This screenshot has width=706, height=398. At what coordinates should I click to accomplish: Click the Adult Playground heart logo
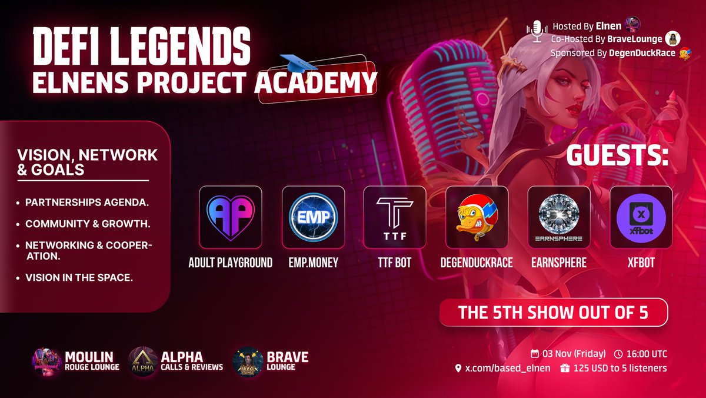tap(230, 216)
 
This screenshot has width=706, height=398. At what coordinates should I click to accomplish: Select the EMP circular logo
tap(312, 216)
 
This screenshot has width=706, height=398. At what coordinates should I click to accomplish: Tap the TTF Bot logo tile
tap(394, 216)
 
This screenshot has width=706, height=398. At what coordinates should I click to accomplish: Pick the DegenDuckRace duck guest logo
tap(477, 216)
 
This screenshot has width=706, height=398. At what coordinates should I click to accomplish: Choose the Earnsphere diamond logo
tap(559, 216)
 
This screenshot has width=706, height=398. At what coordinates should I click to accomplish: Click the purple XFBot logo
tap(641, 216)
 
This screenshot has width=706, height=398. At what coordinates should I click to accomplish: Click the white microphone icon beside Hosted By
tap(537, 31)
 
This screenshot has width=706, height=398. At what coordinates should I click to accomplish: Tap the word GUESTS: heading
tap(617, 157)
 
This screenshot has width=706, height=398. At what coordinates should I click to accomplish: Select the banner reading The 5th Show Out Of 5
tap(553, 312)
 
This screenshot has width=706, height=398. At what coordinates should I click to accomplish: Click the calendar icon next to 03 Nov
tap(535, 354)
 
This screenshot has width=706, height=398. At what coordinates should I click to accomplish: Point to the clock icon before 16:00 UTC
tap(618, 354)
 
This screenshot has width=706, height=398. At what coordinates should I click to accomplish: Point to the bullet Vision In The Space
tap(79, 277)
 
